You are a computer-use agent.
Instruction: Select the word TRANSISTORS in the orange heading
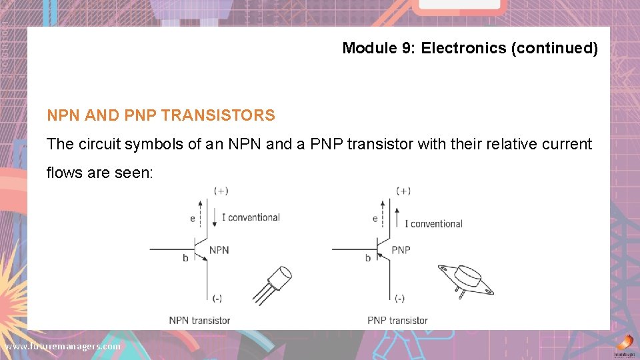point(218,115)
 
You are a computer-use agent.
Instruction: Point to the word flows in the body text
point(64,173)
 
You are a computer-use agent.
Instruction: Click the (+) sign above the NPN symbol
point(221,191)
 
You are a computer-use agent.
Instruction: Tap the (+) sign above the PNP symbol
point(403,191)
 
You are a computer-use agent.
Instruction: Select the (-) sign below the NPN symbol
point(217,298)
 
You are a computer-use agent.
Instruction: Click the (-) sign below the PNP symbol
point(399,298)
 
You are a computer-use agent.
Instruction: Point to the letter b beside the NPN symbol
point(185,258)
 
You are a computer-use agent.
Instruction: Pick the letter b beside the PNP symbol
point(367,258)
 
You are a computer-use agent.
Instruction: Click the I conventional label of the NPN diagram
point(250,217)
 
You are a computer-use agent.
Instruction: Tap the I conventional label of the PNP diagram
point(433,223)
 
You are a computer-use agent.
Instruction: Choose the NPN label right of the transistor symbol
point(219,250)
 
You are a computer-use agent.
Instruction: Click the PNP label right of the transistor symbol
point(401,250)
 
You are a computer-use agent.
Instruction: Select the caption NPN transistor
point(199,320)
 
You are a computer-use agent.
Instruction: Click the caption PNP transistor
point(397,320)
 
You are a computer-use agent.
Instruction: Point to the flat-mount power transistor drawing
point(465,279)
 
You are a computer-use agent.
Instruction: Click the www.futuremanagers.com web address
point(63,347)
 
